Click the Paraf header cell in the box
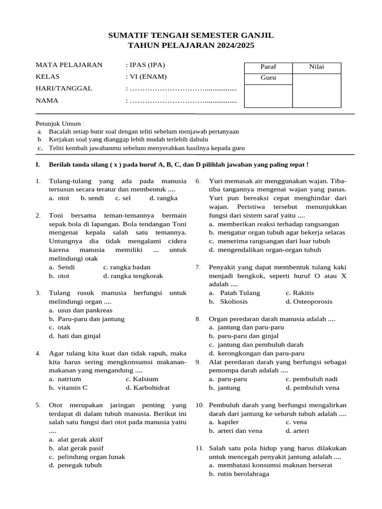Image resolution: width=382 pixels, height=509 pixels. [268, 67]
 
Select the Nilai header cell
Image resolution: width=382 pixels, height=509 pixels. [316, 67]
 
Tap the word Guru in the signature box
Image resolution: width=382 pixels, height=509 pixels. [268, 78]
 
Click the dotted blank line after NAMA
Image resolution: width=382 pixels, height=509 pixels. [182, 101]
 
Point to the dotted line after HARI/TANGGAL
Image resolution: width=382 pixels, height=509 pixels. [182, 89]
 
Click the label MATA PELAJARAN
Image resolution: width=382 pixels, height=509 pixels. [69, 65]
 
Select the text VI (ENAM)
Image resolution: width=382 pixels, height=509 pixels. [148, 77]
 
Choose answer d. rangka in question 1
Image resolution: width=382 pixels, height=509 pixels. [163, 198]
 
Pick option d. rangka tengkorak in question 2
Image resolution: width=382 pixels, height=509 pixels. [133, 276]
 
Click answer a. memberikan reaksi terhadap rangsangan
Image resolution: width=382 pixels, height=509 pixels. [274, 224]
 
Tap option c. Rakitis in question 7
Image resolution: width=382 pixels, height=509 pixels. [300, 293]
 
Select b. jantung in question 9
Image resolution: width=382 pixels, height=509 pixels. [225, 388]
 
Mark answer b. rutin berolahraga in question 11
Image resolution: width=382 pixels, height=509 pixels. [239, 474]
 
